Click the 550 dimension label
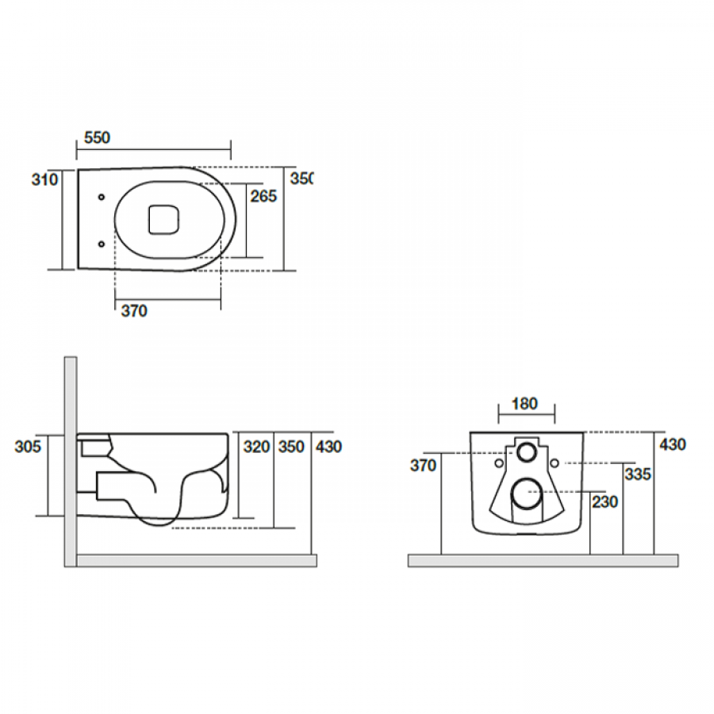coord(97,138)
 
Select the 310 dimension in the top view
coord(44,180)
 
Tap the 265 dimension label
coord(263,196)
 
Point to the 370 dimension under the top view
coord(134,312)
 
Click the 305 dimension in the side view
coord(29,447)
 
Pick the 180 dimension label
coord(524,404)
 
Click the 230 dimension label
coord(604,501)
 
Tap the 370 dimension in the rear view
coord(423,466)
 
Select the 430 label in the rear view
coord(672,444)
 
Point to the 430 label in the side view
coord(328,447)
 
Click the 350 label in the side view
coord(291,447)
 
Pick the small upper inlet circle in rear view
coord(527,453)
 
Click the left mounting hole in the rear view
coord(498,463)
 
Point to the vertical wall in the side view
coord(70,460)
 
